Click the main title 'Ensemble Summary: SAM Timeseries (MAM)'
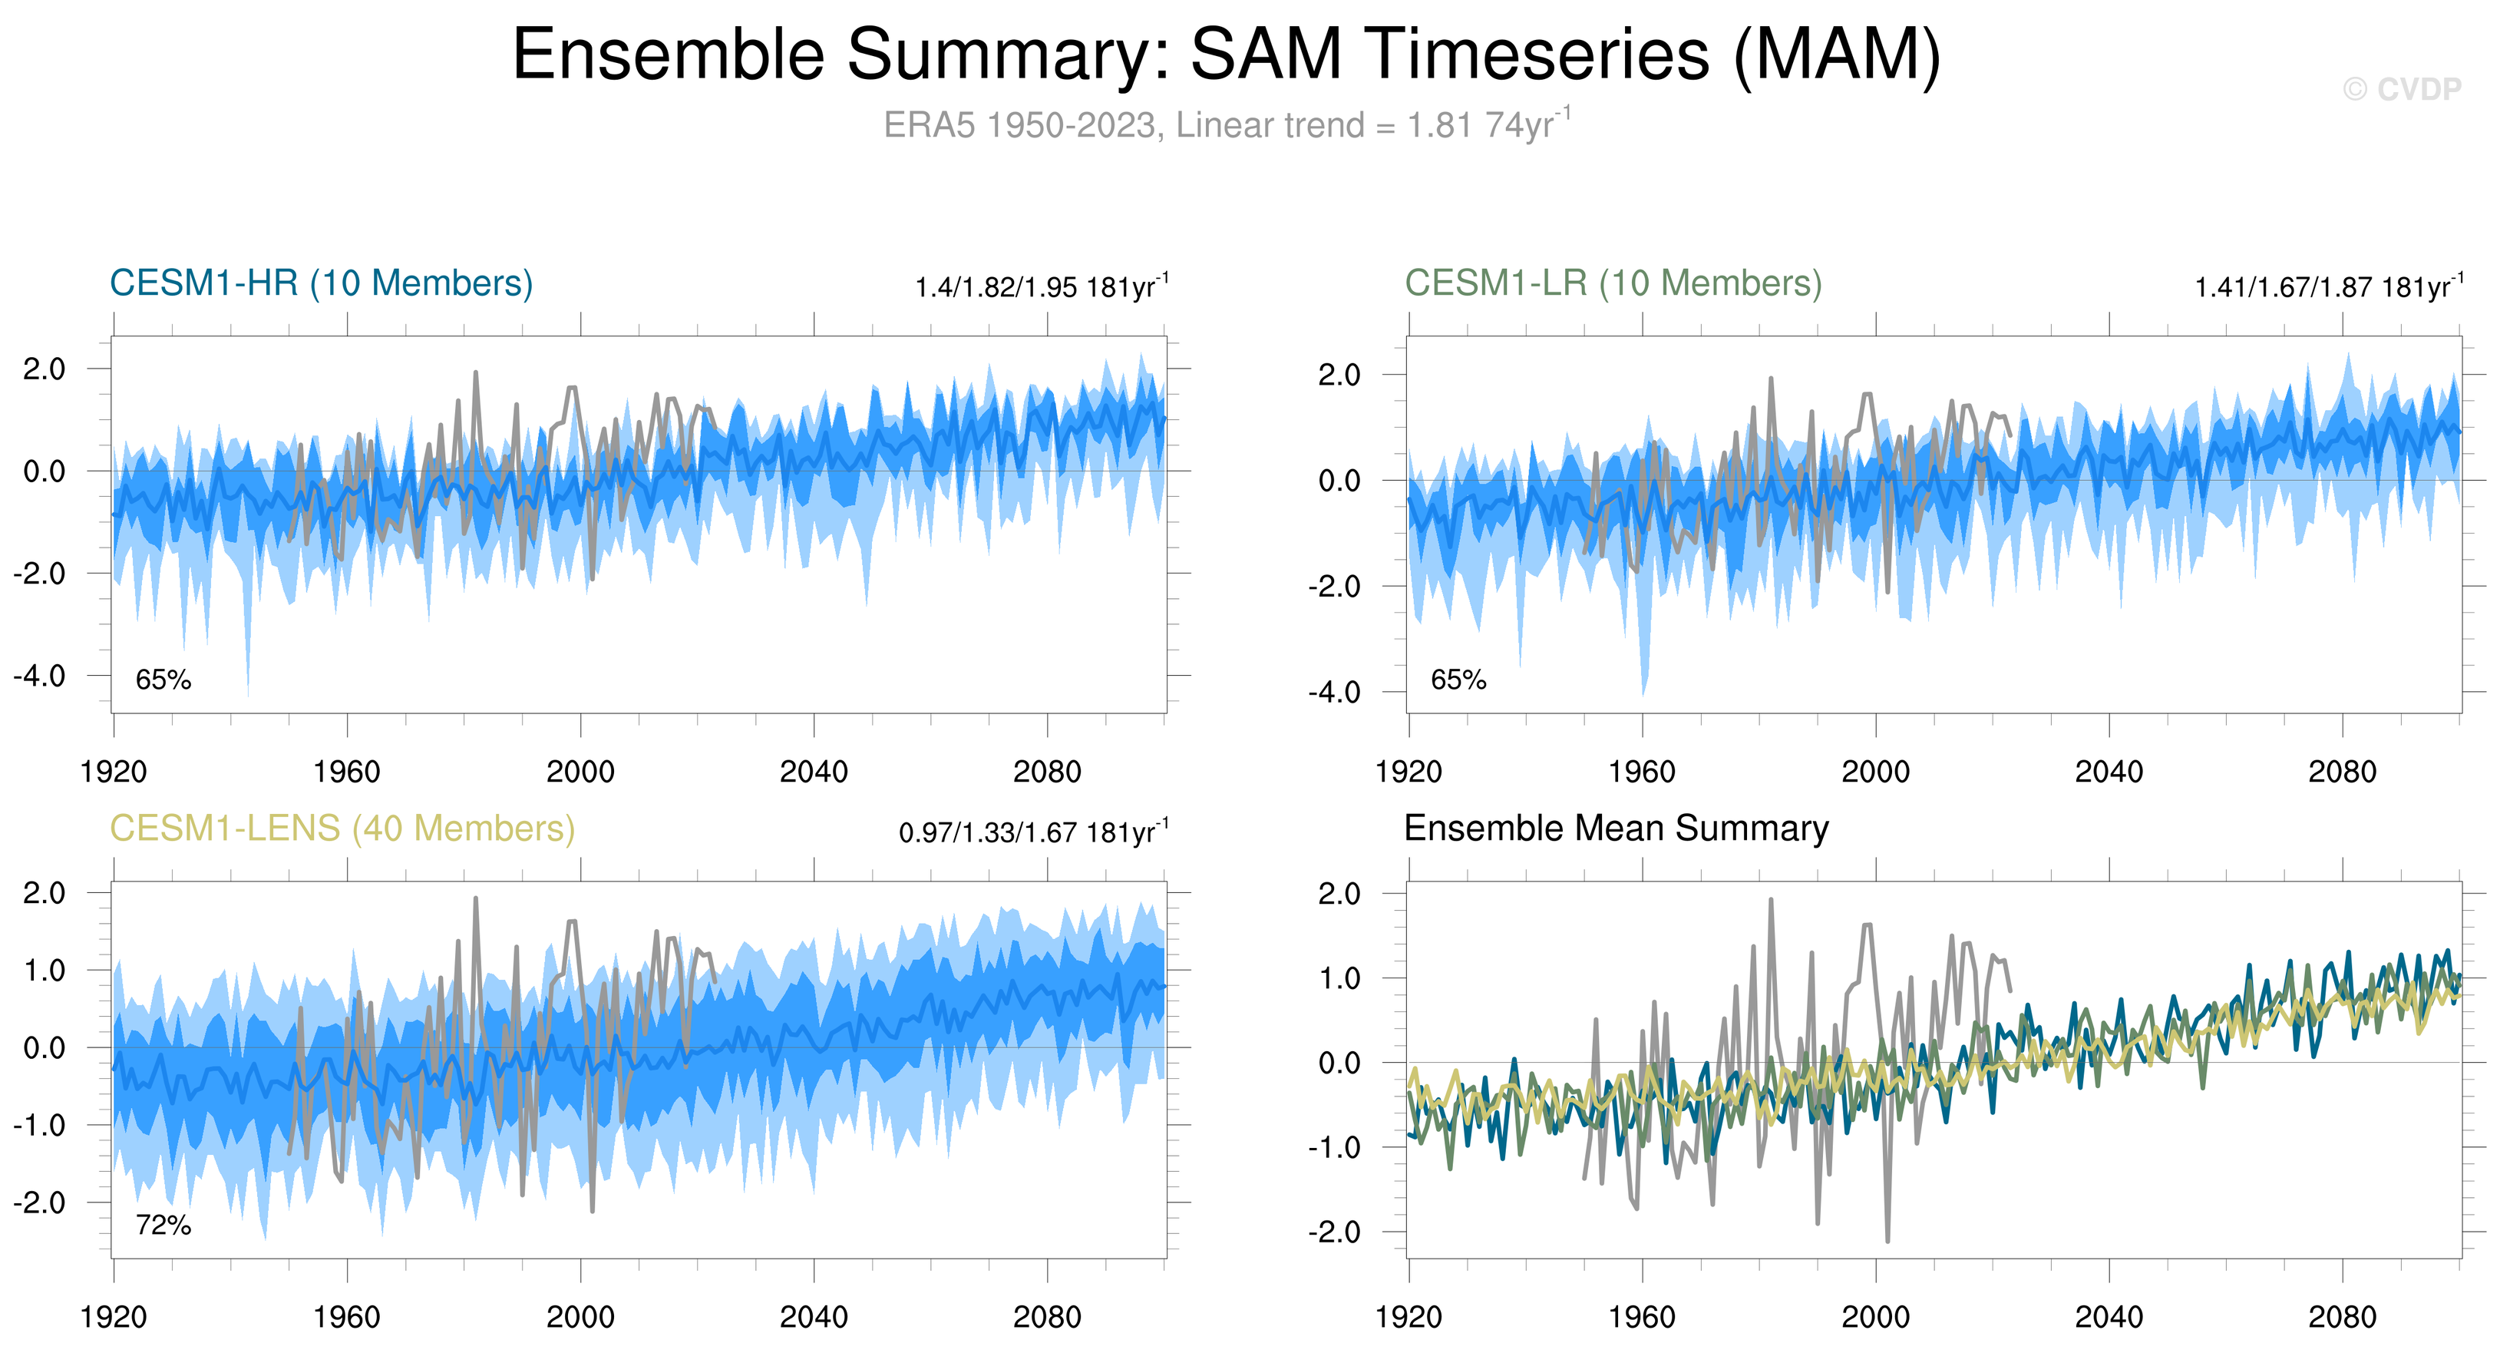coord(1226,55)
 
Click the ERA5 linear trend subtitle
coord(1226,125)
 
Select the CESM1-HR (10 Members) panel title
coord(322,283)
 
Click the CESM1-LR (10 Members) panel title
coord(1613,283)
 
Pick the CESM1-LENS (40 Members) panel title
coord(342,829)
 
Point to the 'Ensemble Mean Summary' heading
coord(1616,829)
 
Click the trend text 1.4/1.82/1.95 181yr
coord(1042,287)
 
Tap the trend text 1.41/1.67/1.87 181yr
coord(2328,287)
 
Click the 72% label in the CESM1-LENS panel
coord(163,1226)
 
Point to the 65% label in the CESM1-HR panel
coord(163,680)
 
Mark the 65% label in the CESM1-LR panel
coord(1458,680)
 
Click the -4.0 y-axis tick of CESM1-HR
coord(40,676)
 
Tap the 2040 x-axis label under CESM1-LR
coord(2108,772)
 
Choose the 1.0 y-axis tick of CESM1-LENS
coord(45,971)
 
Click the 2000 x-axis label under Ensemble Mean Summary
coord(1875,1318)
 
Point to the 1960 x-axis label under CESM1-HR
coord(346,772)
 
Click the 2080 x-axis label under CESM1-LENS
coord(1046,1318)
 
